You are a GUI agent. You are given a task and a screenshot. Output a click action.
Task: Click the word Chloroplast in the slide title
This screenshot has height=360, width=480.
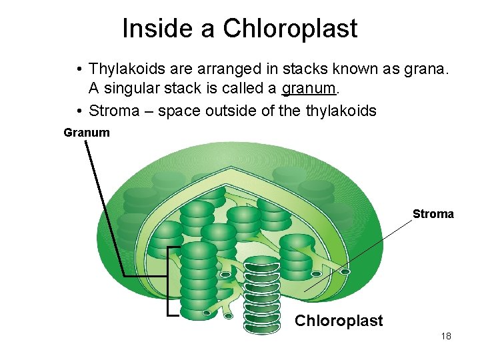[290, 29]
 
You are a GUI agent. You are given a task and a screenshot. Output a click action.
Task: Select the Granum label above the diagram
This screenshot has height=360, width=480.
[87, 133]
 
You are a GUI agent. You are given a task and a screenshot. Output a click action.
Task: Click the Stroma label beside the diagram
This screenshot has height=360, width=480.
[433, 214]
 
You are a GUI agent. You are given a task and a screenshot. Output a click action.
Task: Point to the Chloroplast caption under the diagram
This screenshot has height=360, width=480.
[339, 321]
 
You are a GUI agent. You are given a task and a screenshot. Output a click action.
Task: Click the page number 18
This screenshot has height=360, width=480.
[446, 336]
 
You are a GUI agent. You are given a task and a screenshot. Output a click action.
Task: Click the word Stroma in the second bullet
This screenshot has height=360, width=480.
[114, 111]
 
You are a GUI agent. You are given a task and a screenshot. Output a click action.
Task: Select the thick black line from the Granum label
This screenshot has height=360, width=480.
[105, 207]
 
